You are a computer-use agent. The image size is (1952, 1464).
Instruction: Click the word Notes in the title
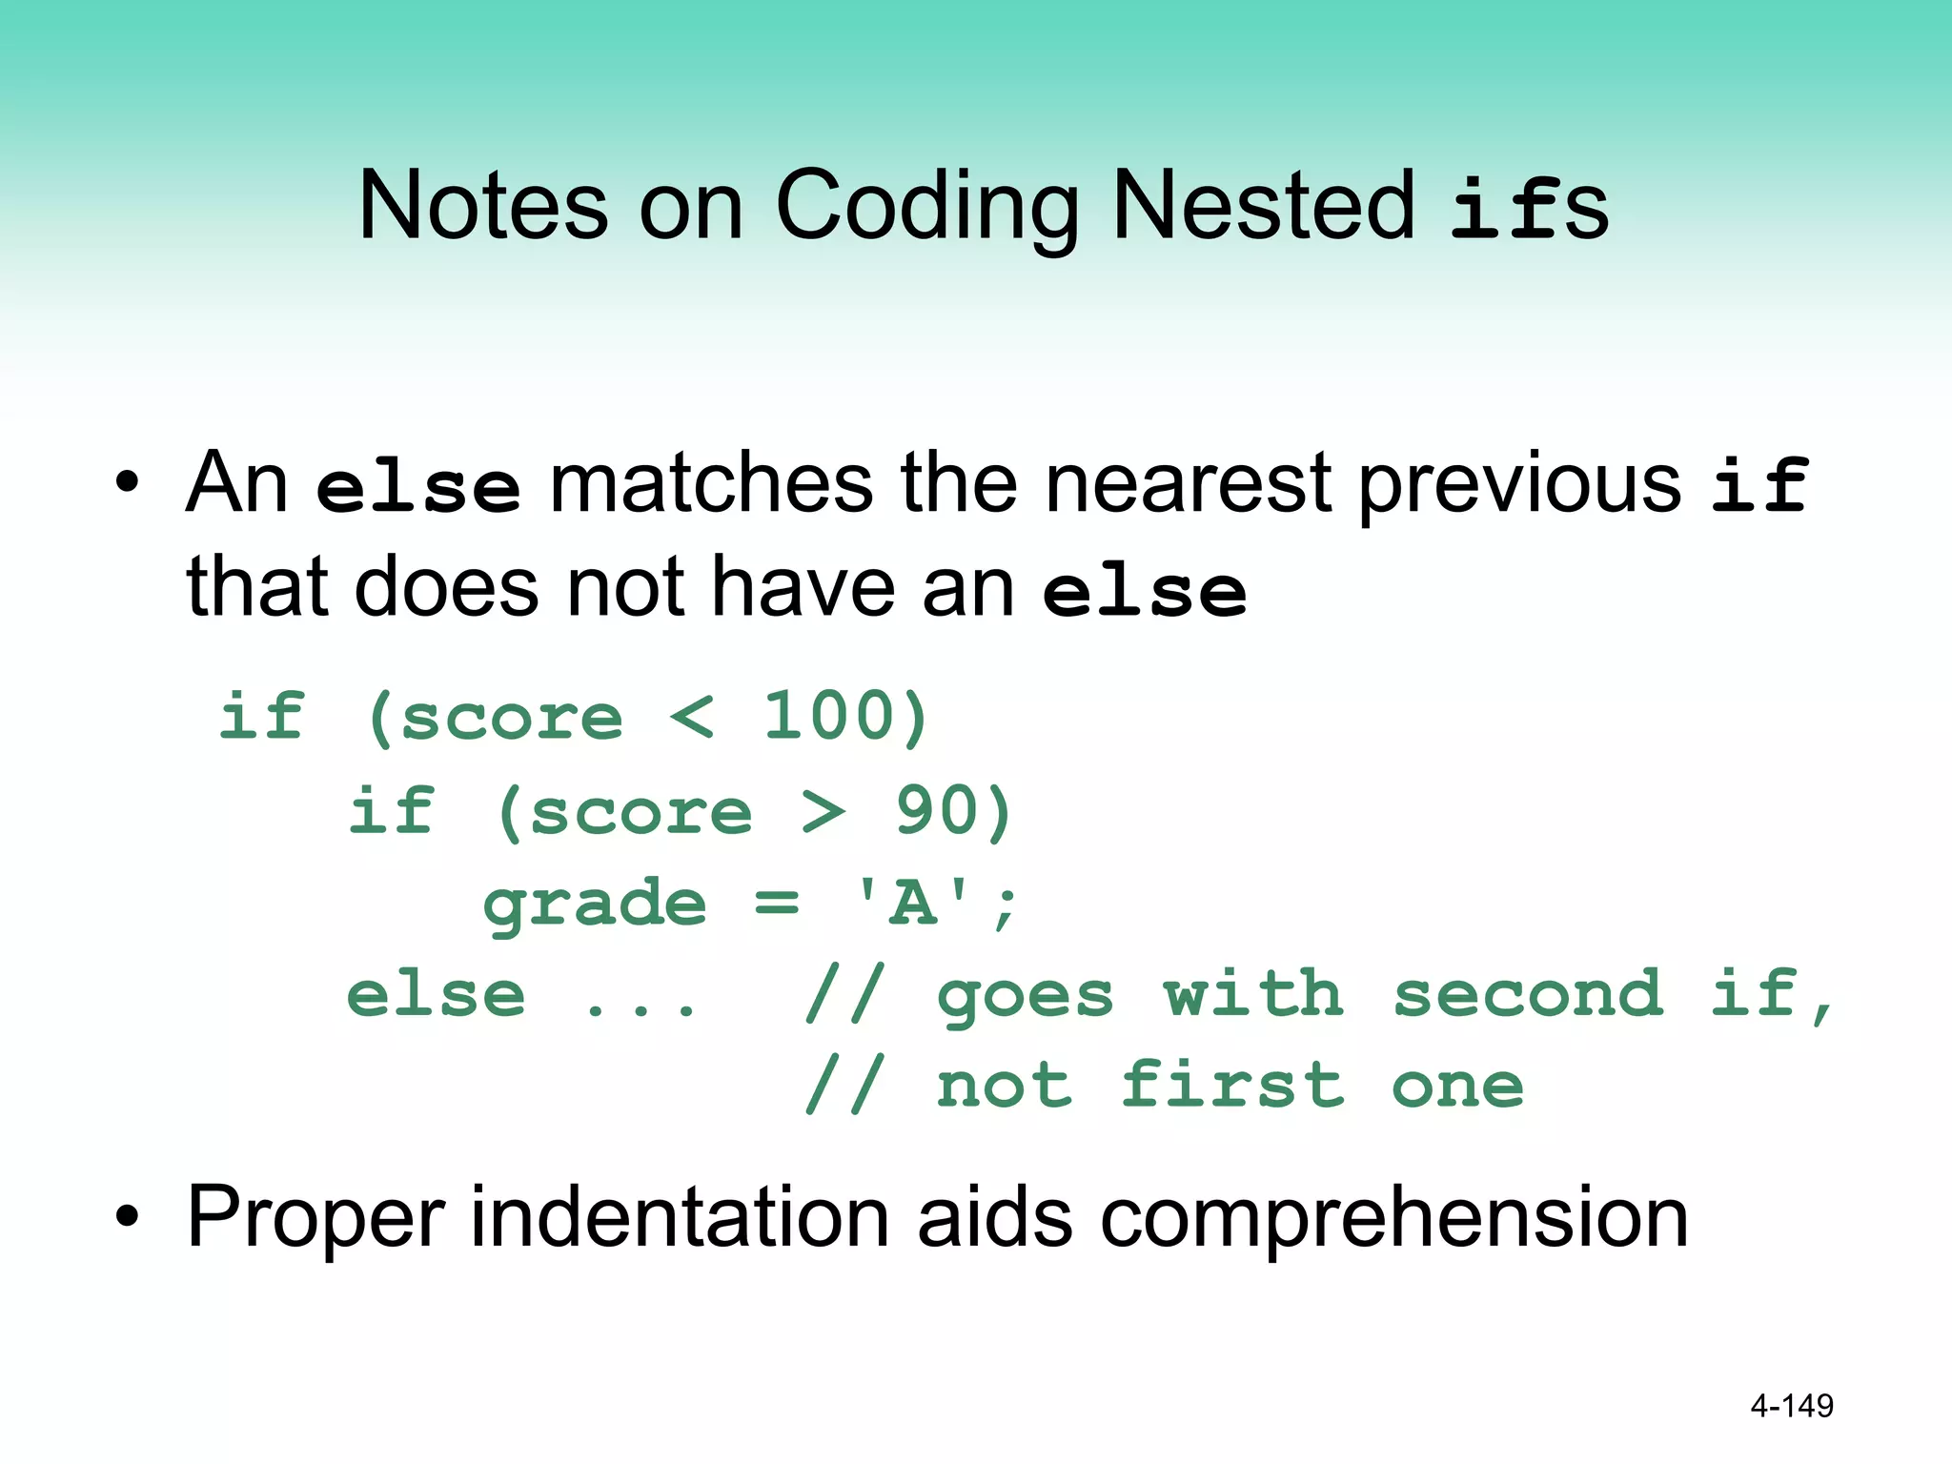482,206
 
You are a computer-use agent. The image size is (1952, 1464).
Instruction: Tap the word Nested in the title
1264,206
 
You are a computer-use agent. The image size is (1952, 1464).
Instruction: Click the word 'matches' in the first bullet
711,483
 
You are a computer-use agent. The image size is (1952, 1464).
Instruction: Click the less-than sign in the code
691,717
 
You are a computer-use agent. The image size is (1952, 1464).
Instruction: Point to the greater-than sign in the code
823,812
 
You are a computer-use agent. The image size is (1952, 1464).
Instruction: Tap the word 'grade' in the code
595,904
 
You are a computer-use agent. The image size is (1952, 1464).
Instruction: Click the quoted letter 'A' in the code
913,902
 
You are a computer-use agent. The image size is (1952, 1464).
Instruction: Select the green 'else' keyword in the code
436,995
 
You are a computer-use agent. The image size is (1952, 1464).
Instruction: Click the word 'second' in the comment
1528,995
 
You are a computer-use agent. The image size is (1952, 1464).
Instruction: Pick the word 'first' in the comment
1231,1087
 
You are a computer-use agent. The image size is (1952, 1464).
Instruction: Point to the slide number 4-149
1791,1405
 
